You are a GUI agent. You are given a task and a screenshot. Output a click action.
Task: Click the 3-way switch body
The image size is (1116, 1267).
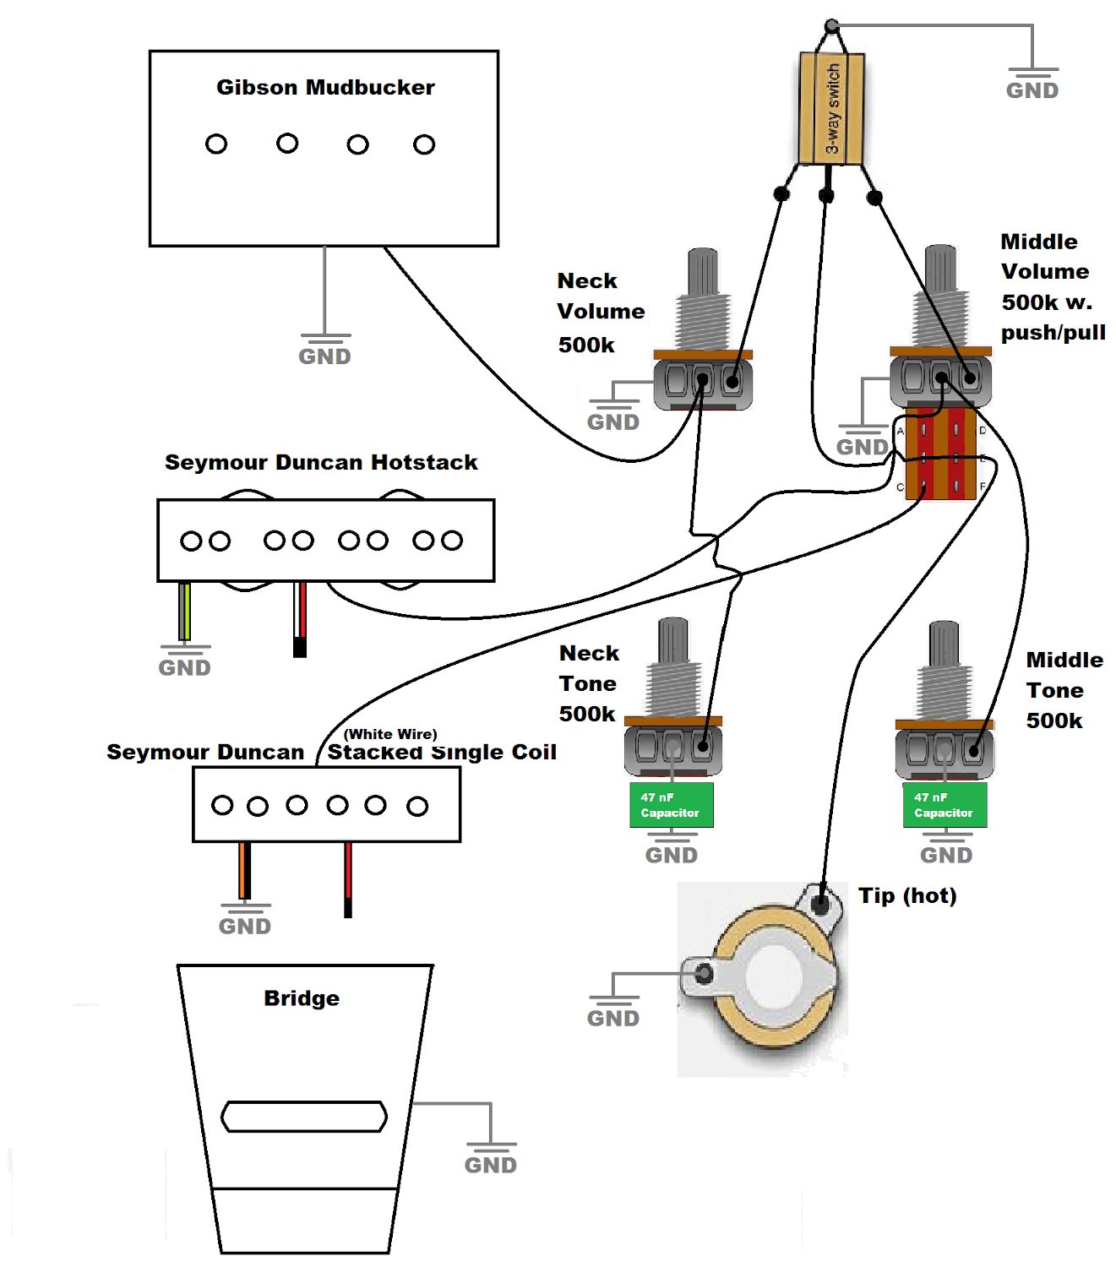pyautogui.click(x=831, y=108)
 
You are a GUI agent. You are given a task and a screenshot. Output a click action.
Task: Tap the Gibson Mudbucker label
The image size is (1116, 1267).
pyautogui.click(x=325, y=87)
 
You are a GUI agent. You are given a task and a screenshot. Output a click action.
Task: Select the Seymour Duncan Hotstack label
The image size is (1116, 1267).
pyautogui.click(x=321, y=462)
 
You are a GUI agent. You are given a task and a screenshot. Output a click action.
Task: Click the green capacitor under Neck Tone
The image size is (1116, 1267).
pyautogui.click(x=671, y=805)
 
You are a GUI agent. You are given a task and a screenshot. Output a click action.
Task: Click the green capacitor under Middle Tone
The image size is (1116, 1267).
pyautogui.click(x=945, y=805)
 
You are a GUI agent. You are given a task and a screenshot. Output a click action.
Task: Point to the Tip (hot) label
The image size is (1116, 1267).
pyautogui.click(x=907, y=895)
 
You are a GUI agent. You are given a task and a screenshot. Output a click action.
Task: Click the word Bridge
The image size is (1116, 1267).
pyautogui.click(x=302, y=998)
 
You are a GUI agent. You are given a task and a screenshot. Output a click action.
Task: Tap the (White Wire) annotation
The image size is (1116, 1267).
pyautogui.click(x=390, y=734)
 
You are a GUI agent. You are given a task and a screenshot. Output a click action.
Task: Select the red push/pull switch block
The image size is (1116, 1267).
pyautogui.click(x=940, y=454)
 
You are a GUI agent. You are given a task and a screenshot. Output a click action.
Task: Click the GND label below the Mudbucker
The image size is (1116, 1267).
pyautogui.click(x=324, y=356)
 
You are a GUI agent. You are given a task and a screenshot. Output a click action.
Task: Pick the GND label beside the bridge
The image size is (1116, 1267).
pyautogui.click(x=490, y=1166)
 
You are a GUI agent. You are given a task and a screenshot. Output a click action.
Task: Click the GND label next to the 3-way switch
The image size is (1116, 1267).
pyautogui.click(x=1032, y=90)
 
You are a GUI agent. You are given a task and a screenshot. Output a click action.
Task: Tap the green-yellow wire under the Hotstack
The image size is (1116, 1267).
pyautogui.click(x=184, y=612)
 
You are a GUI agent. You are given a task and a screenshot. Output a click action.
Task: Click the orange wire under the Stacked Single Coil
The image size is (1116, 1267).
pyautogui.click(x=244, y=870)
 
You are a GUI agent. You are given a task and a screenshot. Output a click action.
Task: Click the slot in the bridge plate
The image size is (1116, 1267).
pyautogui.click(x=304, y=1117)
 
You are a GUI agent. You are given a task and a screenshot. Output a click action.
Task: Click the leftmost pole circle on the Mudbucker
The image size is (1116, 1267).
pyautogui.click(x=216, y=144)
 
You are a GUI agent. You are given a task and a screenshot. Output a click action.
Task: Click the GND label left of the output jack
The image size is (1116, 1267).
pyautogui.click(x=613, y=1019)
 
